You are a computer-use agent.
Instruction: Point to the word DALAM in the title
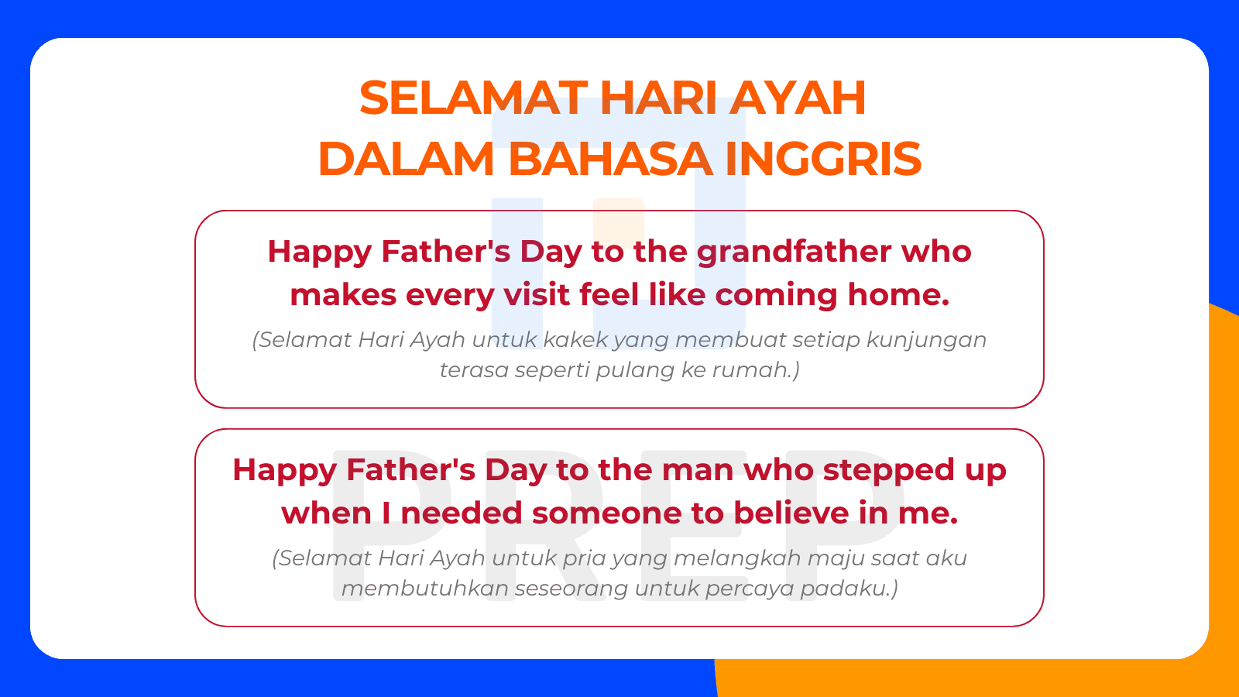click(406, 159)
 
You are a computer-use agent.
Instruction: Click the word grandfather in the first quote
click(794, 252)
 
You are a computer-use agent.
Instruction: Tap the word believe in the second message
click(791, 513)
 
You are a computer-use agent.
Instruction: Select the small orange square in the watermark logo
click(619, 221)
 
